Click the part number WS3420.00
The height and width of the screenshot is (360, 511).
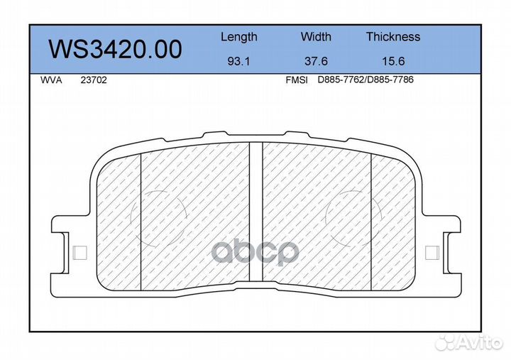click(115, 50)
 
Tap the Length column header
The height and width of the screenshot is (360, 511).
click(239, 37)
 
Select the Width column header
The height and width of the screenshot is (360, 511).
click(316, 36)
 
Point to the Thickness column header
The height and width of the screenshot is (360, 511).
click(393, 36)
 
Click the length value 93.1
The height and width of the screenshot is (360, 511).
click(238, 61)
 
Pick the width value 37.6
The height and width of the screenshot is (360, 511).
click(316, 61)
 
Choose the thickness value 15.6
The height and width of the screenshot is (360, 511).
click(393, 61)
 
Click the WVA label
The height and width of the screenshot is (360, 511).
click(51, 80)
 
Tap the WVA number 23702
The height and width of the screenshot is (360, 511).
click(94, 80)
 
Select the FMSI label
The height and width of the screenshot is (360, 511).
click(296, 80)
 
